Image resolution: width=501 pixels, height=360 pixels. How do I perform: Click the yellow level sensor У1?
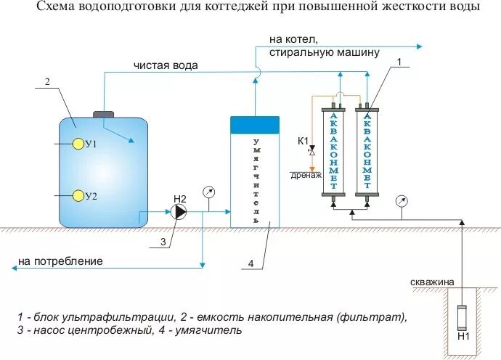pos(77,144)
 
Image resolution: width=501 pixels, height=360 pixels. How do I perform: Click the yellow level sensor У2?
pos(77,196)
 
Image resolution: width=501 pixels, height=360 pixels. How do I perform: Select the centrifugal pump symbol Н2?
pos(178,212)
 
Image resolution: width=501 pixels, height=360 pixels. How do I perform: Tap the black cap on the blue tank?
pos(105,113)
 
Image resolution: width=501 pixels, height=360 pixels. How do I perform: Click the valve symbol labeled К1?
pos(312,151)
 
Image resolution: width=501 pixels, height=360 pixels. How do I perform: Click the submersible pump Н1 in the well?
pos(461,319)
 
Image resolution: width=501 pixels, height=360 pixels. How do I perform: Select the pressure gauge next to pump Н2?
pos(209,192)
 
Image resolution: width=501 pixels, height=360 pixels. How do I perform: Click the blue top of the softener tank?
pos(255,124)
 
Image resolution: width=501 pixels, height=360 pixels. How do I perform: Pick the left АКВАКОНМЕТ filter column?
pos(333,150)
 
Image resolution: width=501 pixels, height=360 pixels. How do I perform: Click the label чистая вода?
pos(166,65)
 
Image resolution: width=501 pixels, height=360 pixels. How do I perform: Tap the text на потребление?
pos(60,261)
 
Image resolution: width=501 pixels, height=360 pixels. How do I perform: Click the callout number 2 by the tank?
pos(47,82)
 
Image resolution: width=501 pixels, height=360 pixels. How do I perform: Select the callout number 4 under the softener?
pos(250,263)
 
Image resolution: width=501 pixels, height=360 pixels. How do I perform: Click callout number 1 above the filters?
pos(398,63)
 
